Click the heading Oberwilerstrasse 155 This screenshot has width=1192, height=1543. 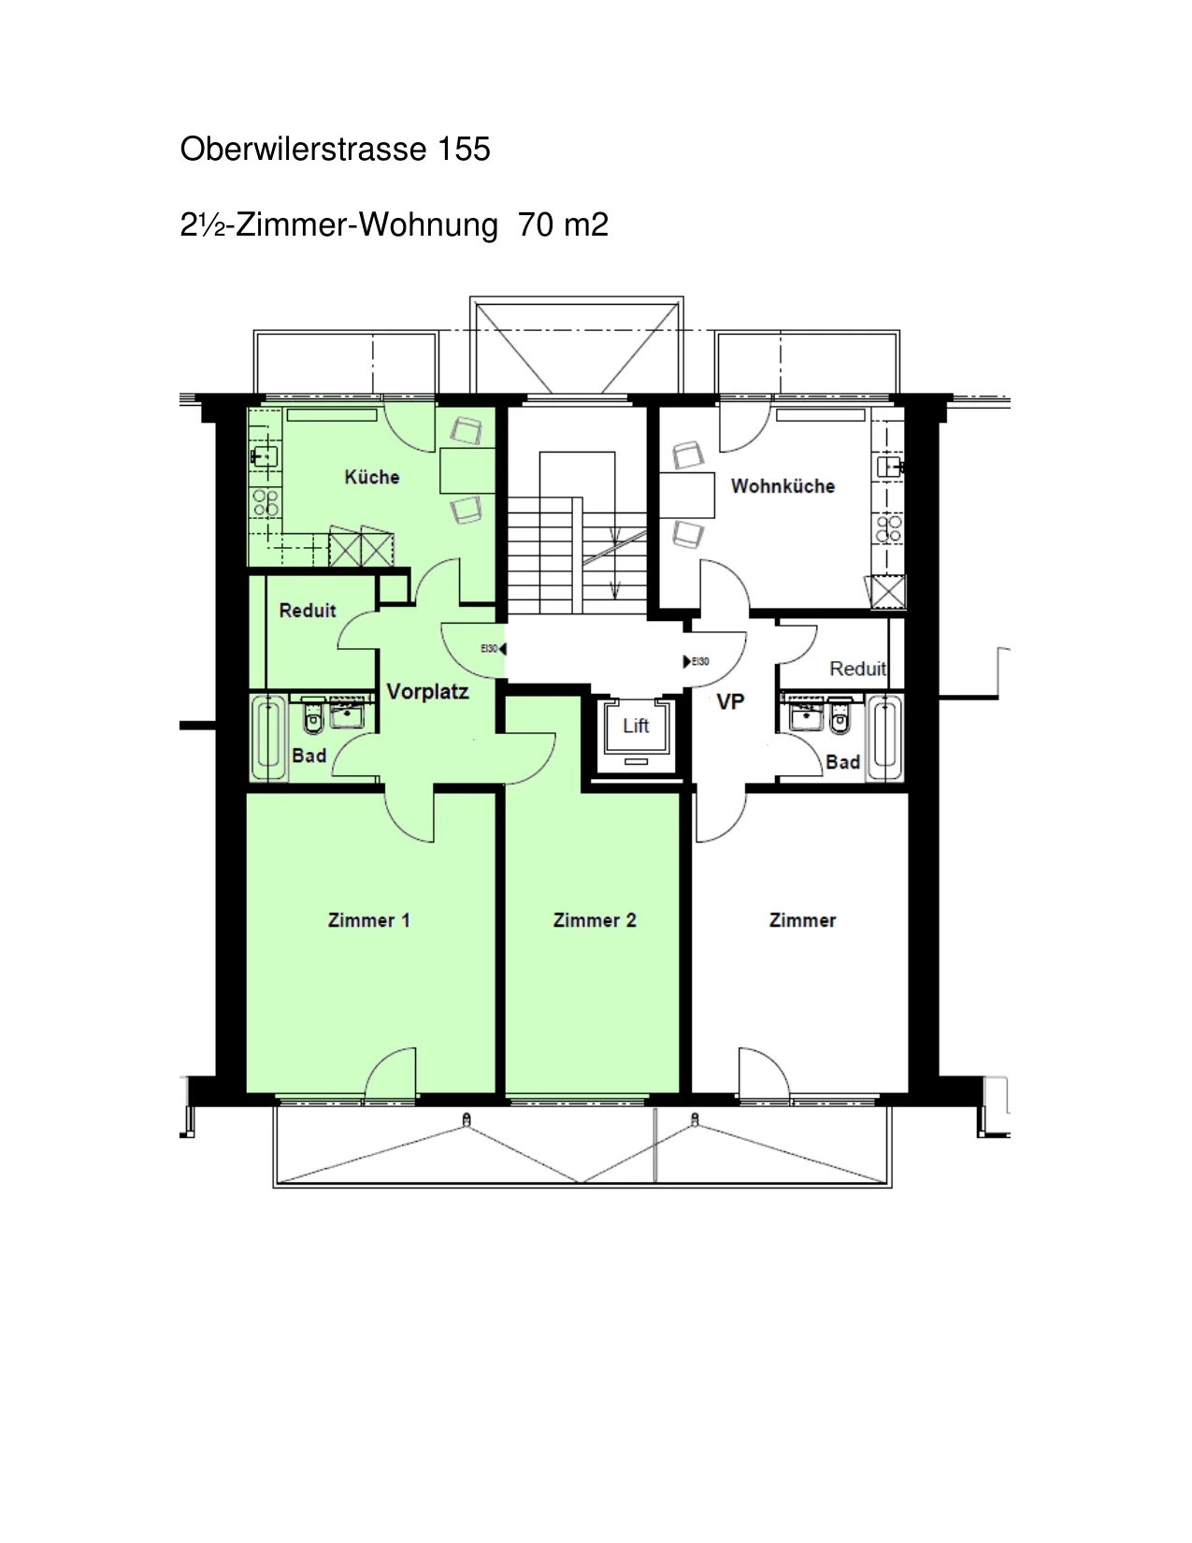(x=335, y=149)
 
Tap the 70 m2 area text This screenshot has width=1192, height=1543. (x=563, y=224)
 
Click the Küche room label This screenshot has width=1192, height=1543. (x=372, y=477)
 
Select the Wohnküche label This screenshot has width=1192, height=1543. (x=783, y=485)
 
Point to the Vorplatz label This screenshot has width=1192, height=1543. (x=427, y=691)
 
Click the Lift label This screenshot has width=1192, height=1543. (x=636, y=726)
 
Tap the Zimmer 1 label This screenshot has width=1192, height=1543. (x=368, y=920)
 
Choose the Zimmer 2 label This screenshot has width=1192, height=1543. (x=595, y=920)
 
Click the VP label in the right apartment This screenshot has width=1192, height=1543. (x=730, y=701)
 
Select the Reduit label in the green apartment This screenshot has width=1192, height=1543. (x=308, y=610)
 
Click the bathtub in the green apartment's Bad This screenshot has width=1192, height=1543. (x=268, y=738)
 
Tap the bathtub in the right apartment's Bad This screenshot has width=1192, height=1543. (x=884, y=739)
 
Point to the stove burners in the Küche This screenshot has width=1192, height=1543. (x=266, y=502)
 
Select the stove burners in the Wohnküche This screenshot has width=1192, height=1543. (x=889, y=528)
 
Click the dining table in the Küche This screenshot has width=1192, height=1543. (x=467, y=470)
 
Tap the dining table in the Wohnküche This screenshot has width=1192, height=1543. (x=686, y=495)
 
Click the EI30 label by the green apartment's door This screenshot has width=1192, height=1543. (x=489, y=648)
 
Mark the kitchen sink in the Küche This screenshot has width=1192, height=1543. (x=265, y=455)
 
